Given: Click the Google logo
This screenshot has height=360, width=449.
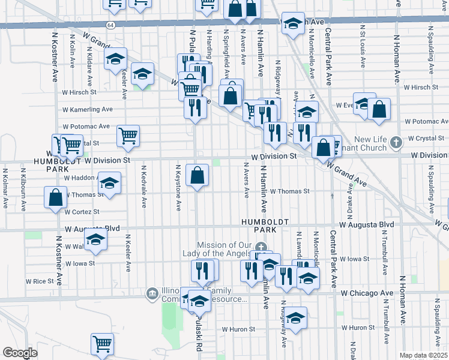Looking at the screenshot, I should pos(20,353).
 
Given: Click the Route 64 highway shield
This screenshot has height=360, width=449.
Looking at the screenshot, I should pos(110,25).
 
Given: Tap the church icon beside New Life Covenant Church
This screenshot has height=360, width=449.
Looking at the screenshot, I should pos(395,142).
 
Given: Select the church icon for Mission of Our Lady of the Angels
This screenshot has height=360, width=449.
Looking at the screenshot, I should pos(260,247).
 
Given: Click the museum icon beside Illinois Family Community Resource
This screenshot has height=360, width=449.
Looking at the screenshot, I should pos(152,293).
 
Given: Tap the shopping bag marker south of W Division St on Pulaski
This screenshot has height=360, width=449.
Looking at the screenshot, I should pos(197,176).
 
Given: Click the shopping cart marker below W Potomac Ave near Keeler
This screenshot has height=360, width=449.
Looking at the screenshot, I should pos(128,136).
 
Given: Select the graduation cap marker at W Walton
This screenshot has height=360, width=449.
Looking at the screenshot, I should pos(95,240).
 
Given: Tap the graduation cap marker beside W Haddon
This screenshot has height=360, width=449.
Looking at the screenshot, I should pos(109,184).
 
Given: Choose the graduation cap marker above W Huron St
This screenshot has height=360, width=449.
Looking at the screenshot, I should pos(295,318).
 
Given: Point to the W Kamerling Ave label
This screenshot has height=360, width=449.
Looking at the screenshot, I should pos(88,110).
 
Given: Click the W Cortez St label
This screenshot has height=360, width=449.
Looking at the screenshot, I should pos(82,212).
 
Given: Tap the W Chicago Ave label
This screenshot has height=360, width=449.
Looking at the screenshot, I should pos(367,293).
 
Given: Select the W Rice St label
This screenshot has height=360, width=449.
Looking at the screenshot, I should pos(40,281).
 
